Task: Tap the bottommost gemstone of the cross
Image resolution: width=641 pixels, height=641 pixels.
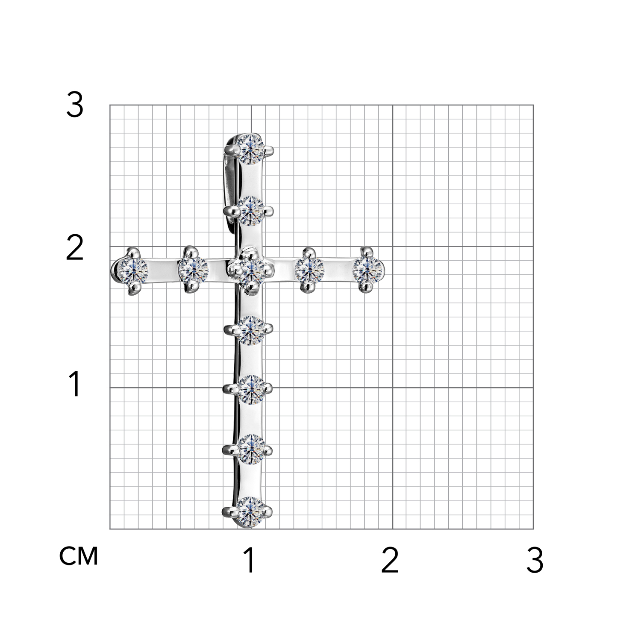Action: (x=251, y=511)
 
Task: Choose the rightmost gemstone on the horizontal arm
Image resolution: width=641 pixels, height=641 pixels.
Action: (x=368, y=270)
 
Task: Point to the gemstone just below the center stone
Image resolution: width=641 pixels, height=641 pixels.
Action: (x=251, y=330)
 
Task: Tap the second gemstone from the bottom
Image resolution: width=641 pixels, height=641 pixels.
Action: (x=251, y=449)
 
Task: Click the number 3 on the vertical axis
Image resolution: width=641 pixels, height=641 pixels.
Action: (x=74, y=105)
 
